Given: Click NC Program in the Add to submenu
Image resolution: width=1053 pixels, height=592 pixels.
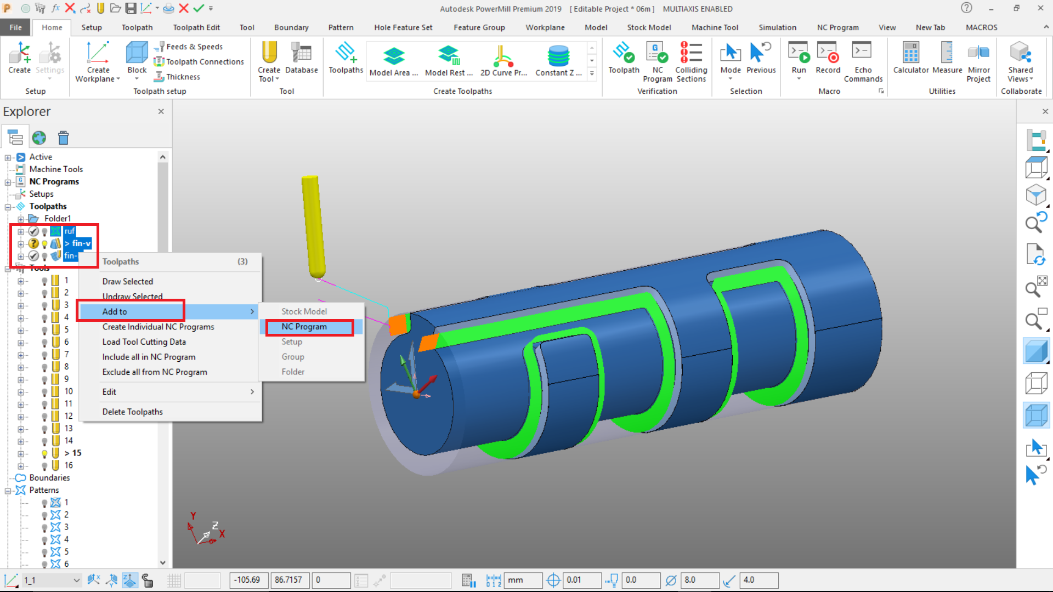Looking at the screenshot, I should click(x=304, y=327).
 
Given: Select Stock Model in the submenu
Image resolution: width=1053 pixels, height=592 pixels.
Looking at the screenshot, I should click(x=304, y=311).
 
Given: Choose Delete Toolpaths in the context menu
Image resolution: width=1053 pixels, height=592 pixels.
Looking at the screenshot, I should click(x=132, y=412).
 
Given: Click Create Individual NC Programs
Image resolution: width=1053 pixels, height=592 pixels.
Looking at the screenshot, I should click(x=158, y=327).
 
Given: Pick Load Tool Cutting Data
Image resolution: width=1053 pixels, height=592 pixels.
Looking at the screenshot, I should click(x=144, y=341).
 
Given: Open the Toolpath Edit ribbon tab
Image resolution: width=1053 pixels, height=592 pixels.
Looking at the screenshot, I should click(x=196, y=27).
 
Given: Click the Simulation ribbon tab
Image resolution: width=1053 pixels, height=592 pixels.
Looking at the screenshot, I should click(x=777, y=27).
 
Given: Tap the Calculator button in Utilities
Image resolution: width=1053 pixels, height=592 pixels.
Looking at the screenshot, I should click(x=910, y=59).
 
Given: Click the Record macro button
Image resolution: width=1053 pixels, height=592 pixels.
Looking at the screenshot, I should click(x=828, y=59).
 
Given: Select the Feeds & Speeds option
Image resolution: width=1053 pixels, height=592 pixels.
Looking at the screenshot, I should click(x=194, y=47).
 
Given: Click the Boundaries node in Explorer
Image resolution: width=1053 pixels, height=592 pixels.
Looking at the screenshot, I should click(x=49, y=477).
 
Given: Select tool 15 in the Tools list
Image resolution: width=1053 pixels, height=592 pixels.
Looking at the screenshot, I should click(x=73, y=453).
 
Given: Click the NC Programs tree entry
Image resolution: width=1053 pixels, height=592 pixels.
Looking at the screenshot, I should click(x=54, y=181).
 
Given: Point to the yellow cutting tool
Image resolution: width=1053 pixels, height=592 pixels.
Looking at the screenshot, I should click(x=313, y=225).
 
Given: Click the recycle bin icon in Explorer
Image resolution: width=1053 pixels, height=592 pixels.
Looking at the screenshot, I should click(x=64, y=138).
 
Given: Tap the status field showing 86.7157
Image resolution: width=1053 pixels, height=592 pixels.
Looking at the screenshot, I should click(x=288, y=580).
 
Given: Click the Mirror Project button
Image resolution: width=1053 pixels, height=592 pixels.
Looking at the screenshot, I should click(x=978, y=62).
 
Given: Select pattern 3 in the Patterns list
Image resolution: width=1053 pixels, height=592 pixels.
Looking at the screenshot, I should click(x=66, y=527).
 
